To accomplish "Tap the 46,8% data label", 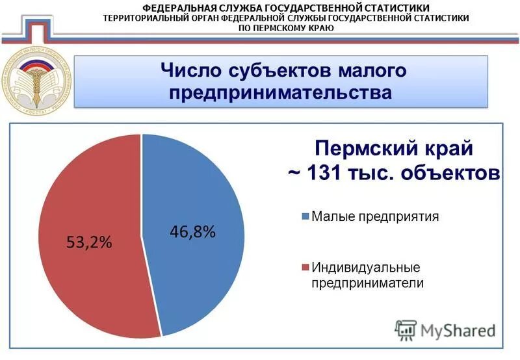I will click(192, 232).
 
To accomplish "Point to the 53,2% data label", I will click(90, 242).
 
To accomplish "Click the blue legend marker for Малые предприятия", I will click(305, 217).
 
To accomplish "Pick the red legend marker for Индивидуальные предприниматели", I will click(305, 268).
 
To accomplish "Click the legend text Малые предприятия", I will click(375, 216).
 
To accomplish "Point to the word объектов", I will click(451, 174).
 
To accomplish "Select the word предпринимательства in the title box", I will click(280, 92).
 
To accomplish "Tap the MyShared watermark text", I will click(458, 329).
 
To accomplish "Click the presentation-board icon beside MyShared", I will click(406, 330).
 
